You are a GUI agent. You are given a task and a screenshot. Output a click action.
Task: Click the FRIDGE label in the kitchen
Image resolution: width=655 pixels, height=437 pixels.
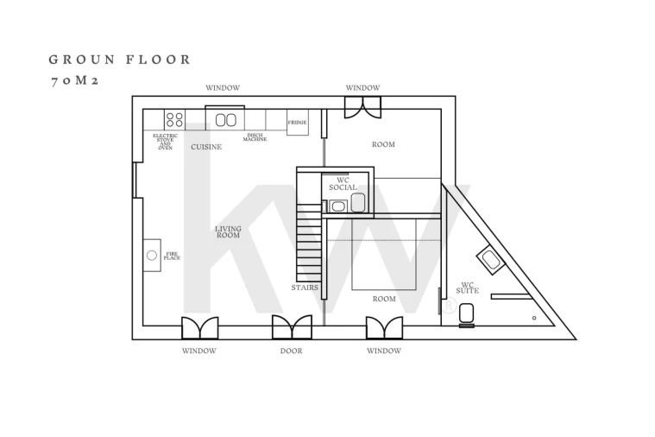(x=297, y=123)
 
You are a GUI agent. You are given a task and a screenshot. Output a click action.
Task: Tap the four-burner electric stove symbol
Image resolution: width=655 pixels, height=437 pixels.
(x=174, y=119)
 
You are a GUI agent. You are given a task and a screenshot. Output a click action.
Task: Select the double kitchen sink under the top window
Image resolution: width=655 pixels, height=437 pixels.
(x=225, y=120)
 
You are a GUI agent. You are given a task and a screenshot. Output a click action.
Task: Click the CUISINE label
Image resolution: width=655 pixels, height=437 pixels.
(x=206, y=147)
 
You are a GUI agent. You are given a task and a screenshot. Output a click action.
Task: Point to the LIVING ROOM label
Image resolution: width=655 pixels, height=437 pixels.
(x=228, y=231)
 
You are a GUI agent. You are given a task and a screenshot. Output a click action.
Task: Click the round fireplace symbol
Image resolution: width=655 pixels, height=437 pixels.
(x=152, y=255)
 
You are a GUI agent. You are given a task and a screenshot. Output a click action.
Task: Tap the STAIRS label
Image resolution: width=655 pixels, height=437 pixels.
(x=305, y=288)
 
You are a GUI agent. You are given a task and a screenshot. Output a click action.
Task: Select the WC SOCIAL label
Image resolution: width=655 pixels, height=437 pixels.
(x=343, y=184)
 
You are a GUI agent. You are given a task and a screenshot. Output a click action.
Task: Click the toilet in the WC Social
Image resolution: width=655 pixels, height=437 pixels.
(x=358, y=203)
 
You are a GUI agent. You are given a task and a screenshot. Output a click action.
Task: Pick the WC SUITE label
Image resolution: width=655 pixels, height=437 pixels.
(x=468, y=288)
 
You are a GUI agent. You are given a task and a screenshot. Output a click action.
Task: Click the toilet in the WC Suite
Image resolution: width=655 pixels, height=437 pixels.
(x=467, y=314)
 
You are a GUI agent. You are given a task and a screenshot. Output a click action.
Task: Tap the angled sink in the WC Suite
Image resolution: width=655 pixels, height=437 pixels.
(x=491, y=261)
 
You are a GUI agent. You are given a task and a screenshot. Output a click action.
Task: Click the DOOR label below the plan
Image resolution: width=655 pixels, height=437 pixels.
(x=291, y=351)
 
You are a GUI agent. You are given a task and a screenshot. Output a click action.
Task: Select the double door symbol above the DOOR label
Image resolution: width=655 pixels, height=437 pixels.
(x=292, y=327)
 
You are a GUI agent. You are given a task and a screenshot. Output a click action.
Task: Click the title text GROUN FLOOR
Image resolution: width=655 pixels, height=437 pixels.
(x=119, y=60)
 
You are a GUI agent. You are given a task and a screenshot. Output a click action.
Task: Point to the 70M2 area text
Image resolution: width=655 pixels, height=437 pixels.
(x=74, y=80)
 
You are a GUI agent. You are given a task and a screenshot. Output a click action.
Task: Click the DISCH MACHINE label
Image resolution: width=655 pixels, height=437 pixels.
(x=255, y=137)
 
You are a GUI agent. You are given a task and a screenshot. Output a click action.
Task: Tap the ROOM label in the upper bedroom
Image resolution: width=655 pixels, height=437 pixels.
(x=383, y=144)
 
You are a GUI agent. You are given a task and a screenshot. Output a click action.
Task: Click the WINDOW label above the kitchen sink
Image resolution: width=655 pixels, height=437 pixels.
(x=223, y=88)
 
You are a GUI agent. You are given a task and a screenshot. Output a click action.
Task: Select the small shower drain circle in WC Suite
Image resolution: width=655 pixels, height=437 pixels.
(x=534, y=318)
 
